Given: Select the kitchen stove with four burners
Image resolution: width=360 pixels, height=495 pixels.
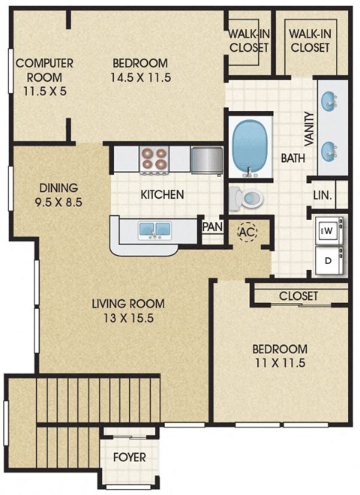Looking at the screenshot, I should (154, 158).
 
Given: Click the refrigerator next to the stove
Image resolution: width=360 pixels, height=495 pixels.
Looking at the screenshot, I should (205, 159).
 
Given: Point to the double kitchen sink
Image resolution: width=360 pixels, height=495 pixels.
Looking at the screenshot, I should (153, 229).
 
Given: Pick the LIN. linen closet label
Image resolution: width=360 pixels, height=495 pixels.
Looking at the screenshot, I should (322, 196).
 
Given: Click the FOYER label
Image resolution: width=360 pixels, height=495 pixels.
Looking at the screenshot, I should (130, 457).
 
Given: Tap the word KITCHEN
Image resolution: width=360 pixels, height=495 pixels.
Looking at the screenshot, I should (163, 194).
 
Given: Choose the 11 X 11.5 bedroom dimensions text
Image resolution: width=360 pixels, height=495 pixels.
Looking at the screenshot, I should (279, 364).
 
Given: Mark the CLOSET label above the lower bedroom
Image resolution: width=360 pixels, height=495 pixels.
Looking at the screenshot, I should (298, 295).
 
